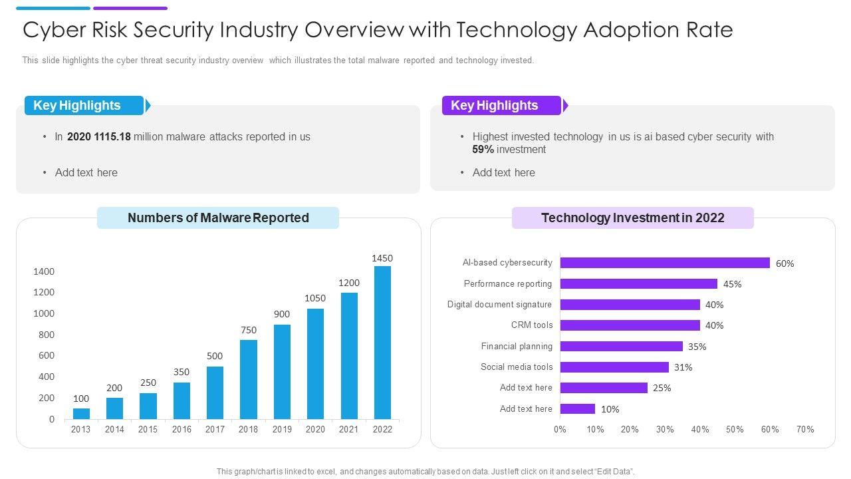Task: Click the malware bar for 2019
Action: [x=282, y=372]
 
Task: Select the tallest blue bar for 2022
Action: [x=382, y=343]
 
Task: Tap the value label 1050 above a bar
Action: [x=315, y=298]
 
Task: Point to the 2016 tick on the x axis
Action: [x=182, y=430]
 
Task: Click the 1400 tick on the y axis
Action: [x=44, y=271]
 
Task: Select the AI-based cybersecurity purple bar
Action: [x=665, y=263]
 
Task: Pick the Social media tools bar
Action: [x=614, y=367]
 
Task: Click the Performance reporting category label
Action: [x=508, y=284]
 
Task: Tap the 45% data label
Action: [x=733, y=284]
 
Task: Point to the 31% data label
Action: [x=683, y=367]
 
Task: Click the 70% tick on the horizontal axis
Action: [x=805, y=430]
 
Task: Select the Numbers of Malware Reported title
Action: [x=218, y=218]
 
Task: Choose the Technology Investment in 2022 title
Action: [x=633, y=218]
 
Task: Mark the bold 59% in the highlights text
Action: [x=483, y=150]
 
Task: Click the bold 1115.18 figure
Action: [x=112, y=137]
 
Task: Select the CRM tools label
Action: [x=532, y=325]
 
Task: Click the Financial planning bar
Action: [x=621, y=347]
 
